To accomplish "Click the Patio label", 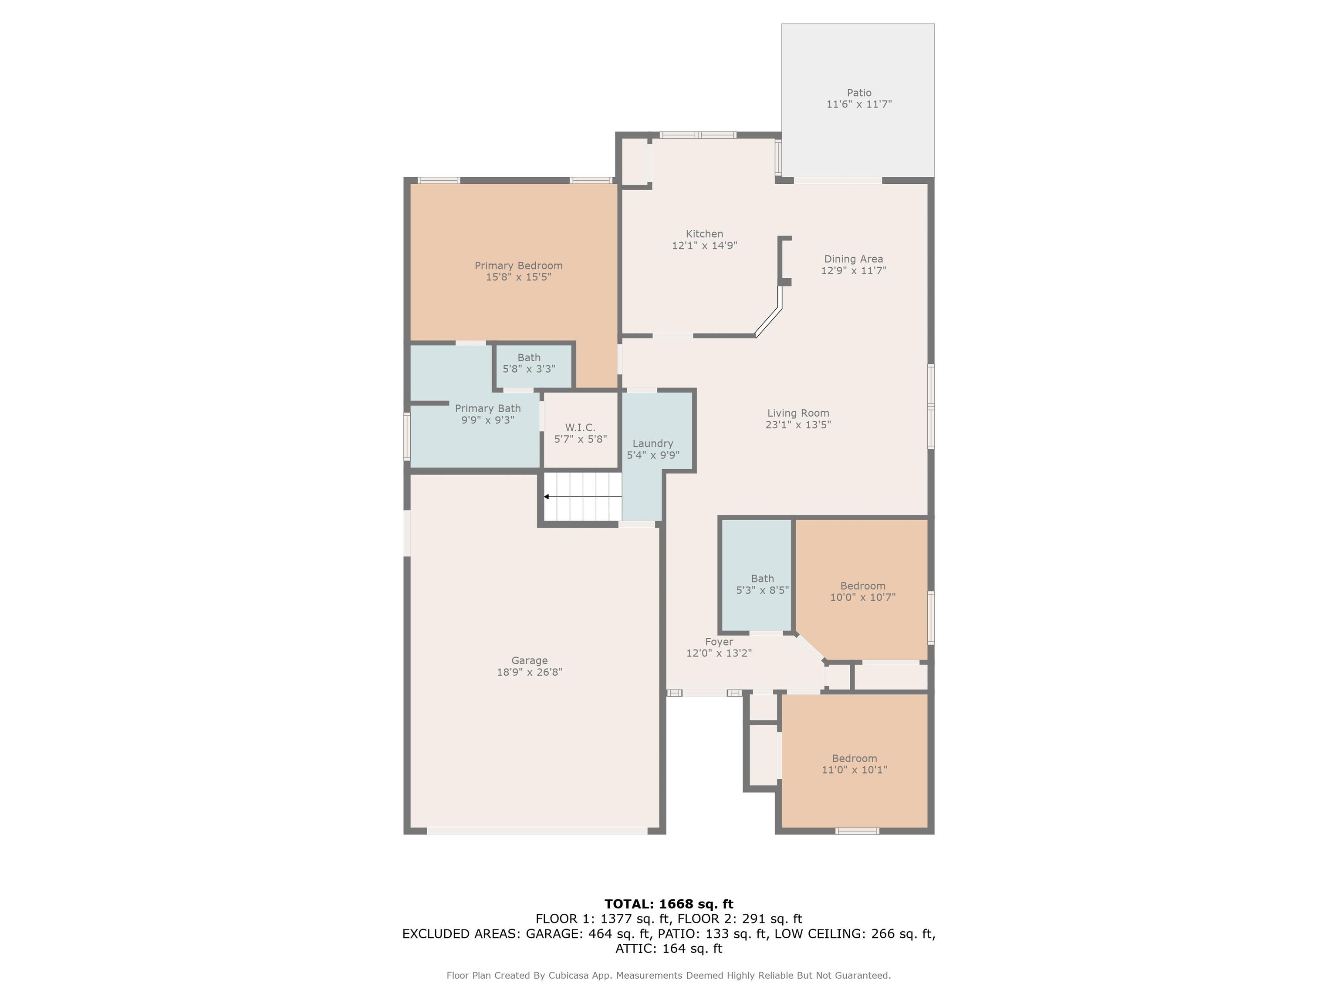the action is point(859,92).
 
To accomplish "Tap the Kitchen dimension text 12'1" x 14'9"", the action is point(705,246).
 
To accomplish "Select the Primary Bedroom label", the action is point(518,266).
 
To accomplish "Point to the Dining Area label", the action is point(854,259).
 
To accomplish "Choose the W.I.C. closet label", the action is point(580,427).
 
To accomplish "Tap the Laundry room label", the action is point(653,443).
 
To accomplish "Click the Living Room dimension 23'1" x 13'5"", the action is point(798,424).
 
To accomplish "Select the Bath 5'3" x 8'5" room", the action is point(756,576).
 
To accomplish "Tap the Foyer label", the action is point(719,642).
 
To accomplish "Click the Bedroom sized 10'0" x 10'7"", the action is point(862,589).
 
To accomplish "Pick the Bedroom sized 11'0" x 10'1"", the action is point(855,761).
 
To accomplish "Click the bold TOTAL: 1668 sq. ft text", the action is point(669,904).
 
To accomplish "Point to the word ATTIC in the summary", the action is point(635,948).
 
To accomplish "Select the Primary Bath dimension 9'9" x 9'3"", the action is point(487,420).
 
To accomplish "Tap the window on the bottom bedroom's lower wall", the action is point(857,831).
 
